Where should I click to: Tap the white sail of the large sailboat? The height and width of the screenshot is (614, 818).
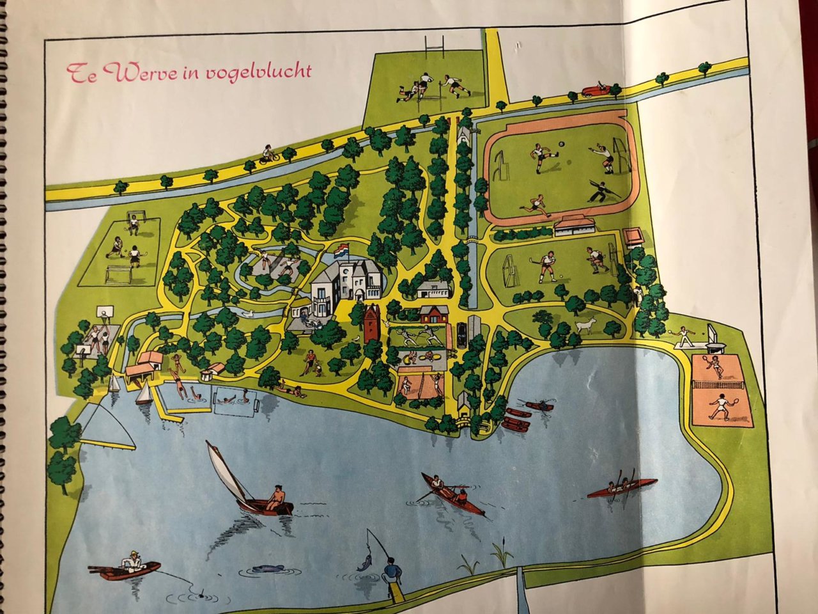click(x=226, y=472)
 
